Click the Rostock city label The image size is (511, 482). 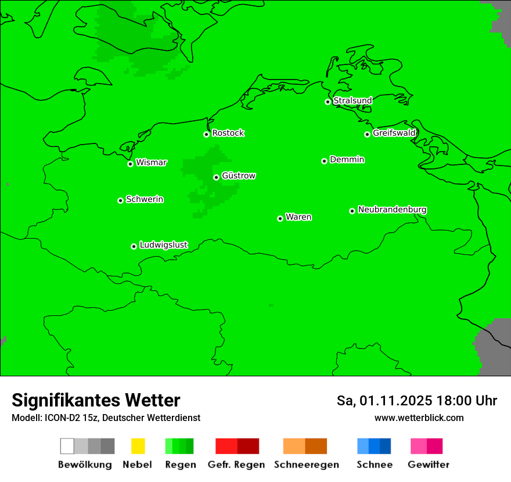click(x=228, y=133)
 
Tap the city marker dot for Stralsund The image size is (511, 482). click(x=328, y=102)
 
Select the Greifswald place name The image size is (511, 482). click(x=394, y=133)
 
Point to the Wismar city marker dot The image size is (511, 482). click(x=130, y=164)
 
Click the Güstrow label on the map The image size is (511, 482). click(x=239, y=176)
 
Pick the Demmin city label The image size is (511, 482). click(x=347, y=160)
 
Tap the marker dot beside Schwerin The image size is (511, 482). click(x=120, y=200)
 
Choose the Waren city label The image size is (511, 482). click(x=298, y=217)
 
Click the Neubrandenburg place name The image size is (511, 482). click(x=392, y=210)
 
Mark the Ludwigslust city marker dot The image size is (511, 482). click(x=134, y=246)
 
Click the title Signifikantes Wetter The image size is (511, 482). click(x=96, y=400)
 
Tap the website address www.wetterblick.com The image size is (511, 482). click(x=419, y=418)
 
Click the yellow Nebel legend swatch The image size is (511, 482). click(x=138, y=446)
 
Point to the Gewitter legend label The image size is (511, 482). click(x=428, y=465)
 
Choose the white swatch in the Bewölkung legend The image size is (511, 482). click(x=67, y=446)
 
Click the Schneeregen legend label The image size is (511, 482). click(x=306, y=465)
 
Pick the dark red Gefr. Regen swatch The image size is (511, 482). click(x=249, y=446)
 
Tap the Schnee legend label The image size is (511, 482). click(x=374, y=465)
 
